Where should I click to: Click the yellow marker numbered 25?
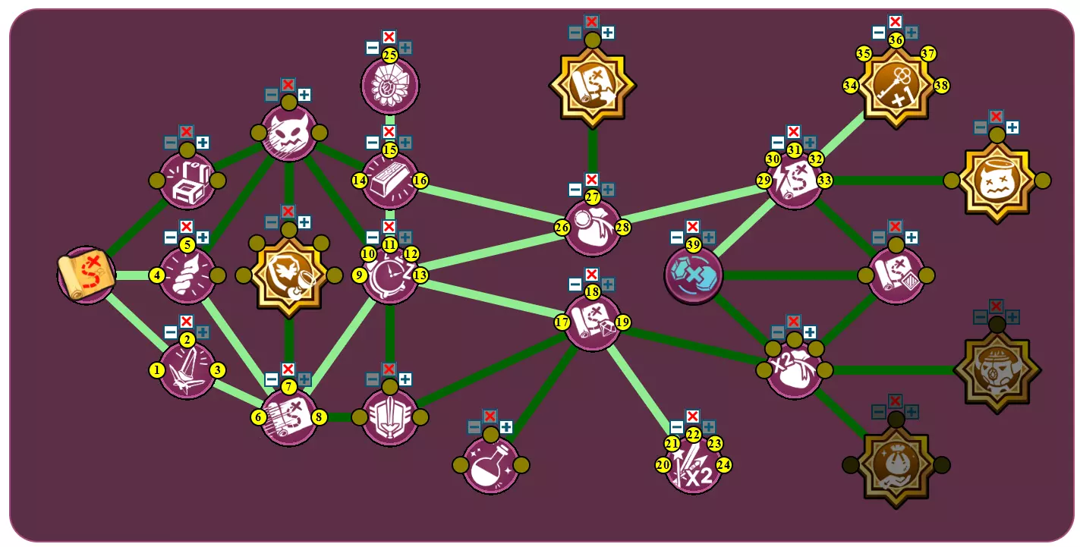390,55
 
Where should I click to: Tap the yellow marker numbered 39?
693,244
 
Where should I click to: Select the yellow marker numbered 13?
420,275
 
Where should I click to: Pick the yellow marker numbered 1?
156,370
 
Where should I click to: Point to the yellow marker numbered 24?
724,464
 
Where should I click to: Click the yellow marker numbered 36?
896,40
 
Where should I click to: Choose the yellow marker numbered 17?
562,322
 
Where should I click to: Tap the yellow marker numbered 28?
623,227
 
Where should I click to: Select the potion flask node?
490,465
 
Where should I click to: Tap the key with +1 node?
896,86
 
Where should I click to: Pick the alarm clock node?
390,275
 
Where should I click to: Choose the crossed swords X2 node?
692,465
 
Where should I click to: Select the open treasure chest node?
187,181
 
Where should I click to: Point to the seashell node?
187,275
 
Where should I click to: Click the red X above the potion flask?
490,416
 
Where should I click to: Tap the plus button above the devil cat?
304,95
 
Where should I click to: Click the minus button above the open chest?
171,143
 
